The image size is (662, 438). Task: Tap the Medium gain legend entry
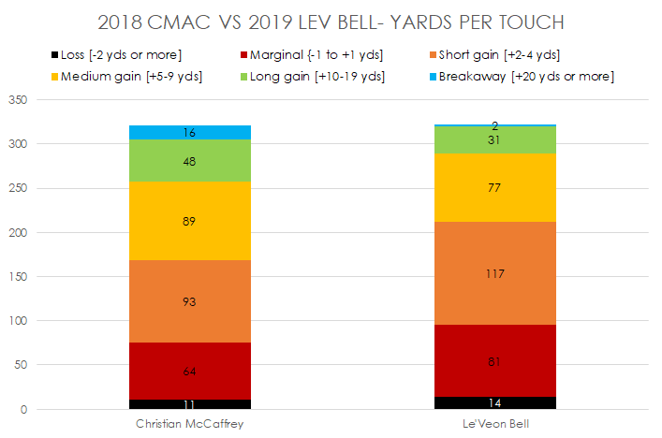130,76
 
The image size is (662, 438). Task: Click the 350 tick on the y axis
19,100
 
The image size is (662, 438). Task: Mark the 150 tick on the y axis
19,277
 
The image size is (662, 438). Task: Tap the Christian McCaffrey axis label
190,424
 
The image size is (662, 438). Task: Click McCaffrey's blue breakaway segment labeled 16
190,133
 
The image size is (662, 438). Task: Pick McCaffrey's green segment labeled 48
190,161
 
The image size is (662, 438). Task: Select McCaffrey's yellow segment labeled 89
190,221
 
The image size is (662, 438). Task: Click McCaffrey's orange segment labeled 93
190,301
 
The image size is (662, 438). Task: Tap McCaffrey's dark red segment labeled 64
190,372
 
